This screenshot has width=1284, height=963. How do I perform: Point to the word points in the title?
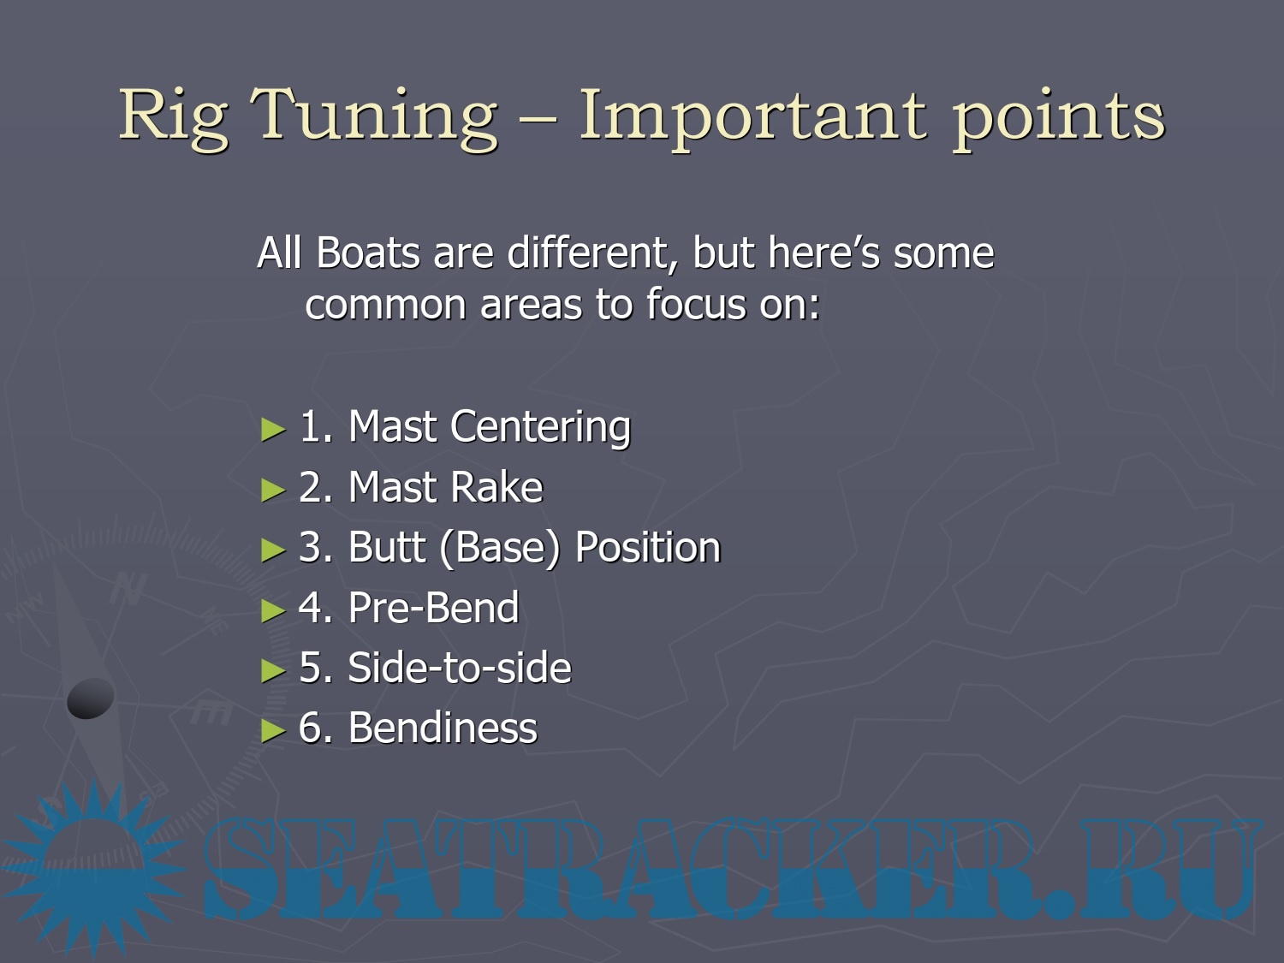tap(1059, 118)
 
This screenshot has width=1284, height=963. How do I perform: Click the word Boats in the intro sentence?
tap(368, 253)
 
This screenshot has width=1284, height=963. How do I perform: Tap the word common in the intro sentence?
tap(385, 306)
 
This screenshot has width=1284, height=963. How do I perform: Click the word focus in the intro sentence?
tap(696, 304)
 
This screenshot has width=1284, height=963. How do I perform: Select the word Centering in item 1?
tap(540, 427)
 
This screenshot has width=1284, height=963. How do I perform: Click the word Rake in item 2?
tap(496, 486)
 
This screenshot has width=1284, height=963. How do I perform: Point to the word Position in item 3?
tap(647, 547)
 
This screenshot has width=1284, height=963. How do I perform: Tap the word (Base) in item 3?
tap(500, 549)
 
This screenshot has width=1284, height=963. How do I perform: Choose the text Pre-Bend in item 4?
tap(433, 608)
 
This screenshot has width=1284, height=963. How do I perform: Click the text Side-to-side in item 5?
tap(459, 668)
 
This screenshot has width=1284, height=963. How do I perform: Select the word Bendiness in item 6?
tap(443, 728)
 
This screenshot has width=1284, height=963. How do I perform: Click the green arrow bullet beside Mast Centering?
tap(272, 430)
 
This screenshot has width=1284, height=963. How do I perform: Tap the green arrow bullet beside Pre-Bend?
tap(272, 610)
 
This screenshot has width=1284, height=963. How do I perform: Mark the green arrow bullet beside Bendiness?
tap(272, 731)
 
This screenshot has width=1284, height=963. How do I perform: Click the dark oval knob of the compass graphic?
tap(90, 698)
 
